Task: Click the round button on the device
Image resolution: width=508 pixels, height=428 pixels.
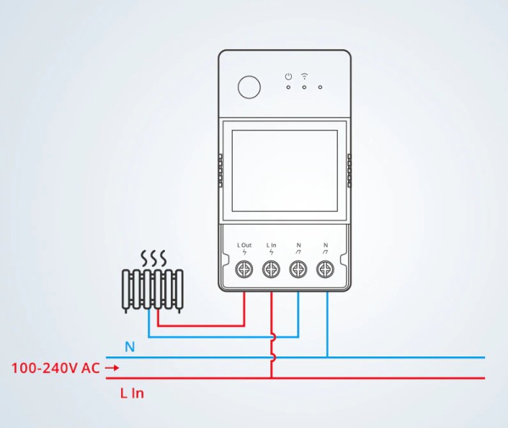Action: [249, 88]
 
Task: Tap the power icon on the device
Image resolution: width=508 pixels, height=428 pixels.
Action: [288, 76]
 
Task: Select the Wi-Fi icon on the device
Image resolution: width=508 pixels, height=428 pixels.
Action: [304, 76]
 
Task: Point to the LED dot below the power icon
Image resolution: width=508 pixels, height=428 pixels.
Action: [288, 88]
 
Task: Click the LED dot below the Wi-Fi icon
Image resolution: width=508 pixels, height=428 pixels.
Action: [304, 88]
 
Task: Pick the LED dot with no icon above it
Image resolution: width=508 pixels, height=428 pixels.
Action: [320, 88]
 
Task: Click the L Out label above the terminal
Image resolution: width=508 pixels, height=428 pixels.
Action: [244, 245]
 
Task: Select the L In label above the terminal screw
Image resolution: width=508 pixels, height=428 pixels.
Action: [271, 245]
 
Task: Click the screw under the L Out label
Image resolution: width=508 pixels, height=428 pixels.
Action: [244, 270]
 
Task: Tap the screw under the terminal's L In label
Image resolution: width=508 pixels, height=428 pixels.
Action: [271, 270]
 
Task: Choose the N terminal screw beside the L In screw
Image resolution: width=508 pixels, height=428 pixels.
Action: [298, 270]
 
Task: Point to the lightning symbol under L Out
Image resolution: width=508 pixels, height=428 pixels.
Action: [244, 253]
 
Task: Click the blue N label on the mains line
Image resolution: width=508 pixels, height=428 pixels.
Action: [130, 347]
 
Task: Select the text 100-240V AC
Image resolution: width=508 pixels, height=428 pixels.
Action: [55, 368]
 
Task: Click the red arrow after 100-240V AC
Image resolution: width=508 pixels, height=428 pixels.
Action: [111, 368]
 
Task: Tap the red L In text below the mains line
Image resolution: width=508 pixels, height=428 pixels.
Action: [132, 393]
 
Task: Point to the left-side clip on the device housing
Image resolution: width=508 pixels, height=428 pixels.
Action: [220, 170]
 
